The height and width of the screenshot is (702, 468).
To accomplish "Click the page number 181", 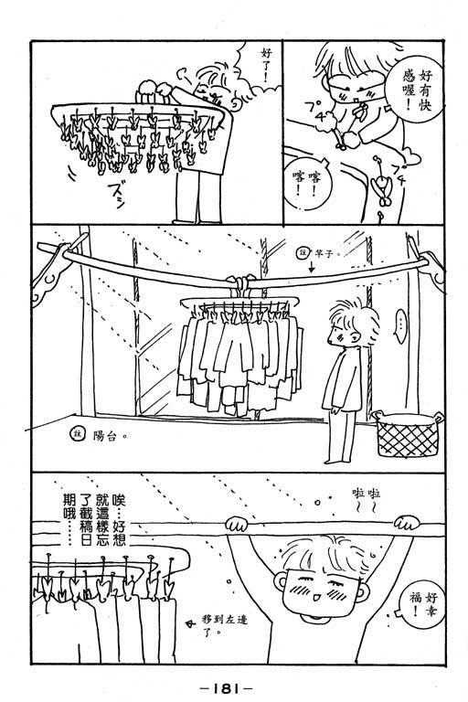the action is tap(225, 688).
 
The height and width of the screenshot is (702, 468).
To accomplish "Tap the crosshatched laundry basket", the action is tap(408, 434).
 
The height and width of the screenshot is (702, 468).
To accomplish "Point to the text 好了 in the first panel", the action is tap(267, 65).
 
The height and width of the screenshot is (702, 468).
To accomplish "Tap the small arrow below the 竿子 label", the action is tap(312, 267).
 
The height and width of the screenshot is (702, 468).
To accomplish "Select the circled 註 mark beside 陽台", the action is tap(78, 435).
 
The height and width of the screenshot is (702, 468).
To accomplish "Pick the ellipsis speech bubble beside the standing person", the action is tap(401, 325).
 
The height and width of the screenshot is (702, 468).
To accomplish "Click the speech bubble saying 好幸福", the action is tap(422, 603).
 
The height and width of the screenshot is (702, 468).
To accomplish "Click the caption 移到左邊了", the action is tap(225, 626).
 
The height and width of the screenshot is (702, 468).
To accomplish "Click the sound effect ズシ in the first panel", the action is tap(115, 195).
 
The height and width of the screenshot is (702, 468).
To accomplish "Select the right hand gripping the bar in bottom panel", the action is tap(407, 523).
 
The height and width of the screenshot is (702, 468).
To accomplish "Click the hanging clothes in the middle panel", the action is tap(240, 358).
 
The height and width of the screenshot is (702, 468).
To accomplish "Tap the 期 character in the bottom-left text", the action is tap(69, 499).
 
